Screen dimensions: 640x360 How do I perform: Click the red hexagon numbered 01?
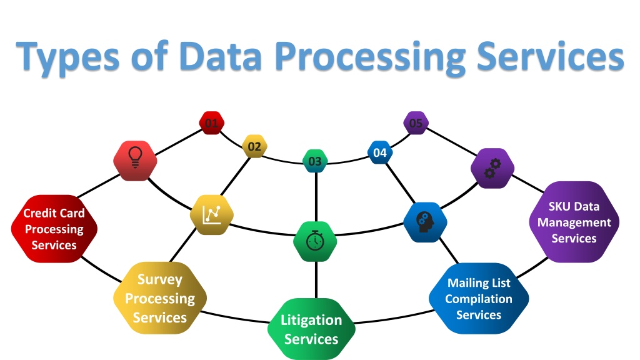tap(211, 123)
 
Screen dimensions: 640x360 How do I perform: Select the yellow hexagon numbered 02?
tap(254, 146)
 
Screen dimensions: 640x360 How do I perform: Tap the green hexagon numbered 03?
tap(315, 161)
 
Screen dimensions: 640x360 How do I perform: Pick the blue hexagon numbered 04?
tap(380, 152)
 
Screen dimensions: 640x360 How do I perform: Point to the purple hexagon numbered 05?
tap(416, 123)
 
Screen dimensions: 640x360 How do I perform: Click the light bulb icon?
tap(135, 157)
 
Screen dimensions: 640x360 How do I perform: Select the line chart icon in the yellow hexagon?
tap(212, 215)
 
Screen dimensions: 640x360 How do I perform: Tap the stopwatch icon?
tap(315, 241)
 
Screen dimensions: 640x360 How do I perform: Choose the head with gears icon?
tap(425, 222)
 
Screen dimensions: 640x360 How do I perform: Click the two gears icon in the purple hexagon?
tap(492, 168)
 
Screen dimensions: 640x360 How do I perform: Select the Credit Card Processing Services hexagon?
tap(54, 229)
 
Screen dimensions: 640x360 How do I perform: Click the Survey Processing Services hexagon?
tap(160, 298)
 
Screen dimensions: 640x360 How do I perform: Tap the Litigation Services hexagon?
tap(311, 329)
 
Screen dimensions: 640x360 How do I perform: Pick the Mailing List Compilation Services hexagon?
tap(479, 298)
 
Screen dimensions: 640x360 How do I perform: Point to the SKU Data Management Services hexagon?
tap(574, 222)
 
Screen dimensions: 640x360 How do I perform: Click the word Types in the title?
tap(67, 56)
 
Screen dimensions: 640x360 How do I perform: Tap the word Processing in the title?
tap(370, 57)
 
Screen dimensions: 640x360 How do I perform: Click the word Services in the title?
tap(550, 55)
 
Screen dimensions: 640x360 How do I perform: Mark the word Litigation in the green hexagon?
tap(311, 321)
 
